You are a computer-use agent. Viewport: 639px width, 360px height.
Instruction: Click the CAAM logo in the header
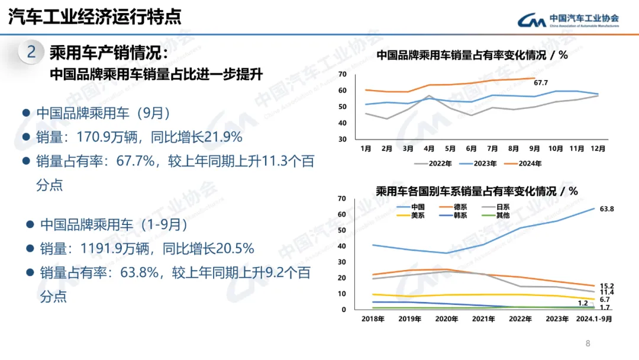coord(568,20)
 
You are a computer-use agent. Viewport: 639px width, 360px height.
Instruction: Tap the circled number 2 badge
coord(31,52)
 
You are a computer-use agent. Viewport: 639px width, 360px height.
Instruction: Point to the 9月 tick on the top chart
coord(534,149)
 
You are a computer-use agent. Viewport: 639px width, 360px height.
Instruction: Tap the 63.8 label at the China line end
coord(607,209)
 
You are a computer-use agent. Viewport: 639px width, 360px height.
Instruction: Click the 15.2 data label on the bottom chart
coord(607,285)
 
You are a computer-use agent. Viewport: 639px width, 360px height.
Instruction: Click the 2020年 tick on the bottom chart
coord(447,319)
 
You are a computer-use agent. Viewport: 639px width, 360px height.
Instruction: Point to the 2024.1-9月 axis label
coord(593,319)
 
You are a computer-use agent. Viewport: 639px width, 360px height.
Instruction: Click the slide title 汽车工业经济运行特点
coord(95,17)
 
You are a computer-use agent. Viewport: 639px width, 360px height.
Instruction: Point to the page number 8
coord(588,343)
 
